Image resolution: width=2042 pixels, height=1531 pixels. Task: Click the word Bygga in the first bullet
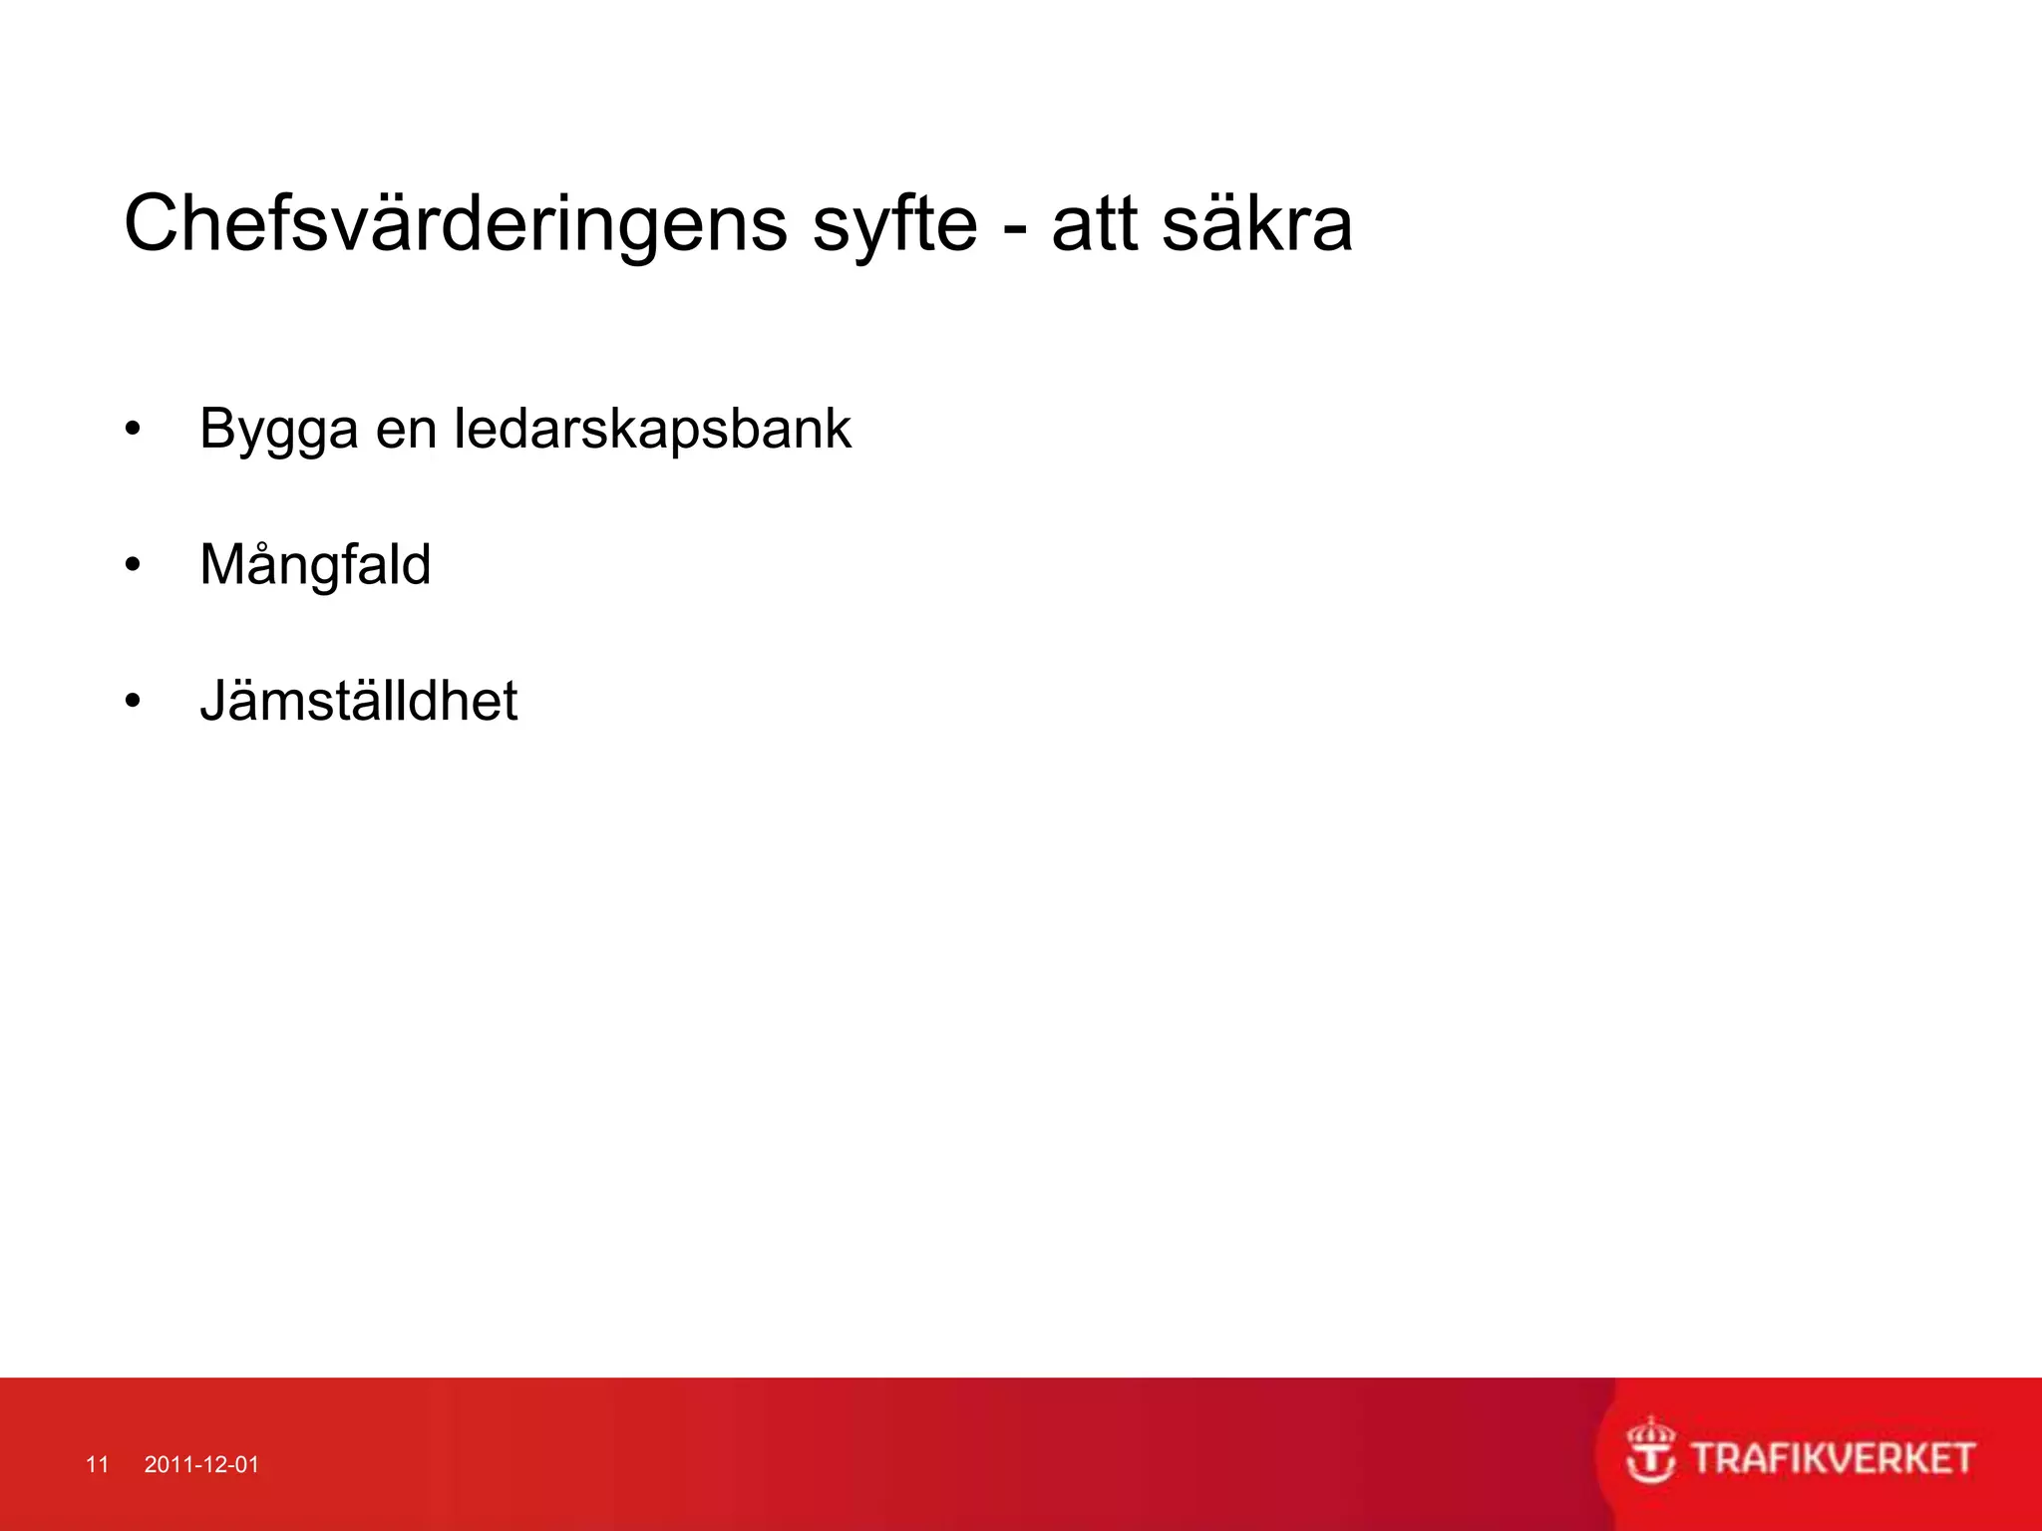278,431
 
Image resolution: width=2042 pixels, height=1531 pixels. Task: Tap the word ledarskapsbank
652,430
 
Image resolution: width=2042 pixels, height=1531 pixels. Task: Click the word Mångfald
315,565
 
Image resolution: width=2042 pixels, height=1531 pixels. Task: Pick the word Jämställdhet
358,701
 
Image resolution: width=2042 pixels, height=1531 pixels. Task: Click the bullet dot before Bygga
133,431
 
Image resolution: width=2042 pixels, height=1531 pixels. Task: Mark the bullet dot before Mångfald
133,566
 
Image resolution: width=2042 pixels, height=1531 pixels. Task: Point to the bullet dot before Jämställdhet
133,702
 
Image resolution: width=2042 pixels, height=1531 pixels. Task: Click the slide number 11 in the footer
97,1464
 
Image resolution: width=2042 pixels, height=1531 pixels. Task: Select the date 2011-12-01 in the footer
201,1464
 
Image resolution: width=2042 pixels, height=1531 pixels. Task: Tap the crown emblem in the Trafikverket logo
1651,1450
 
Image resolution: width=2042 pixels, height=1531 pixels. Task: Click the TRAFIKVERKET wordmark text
1833,1459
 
